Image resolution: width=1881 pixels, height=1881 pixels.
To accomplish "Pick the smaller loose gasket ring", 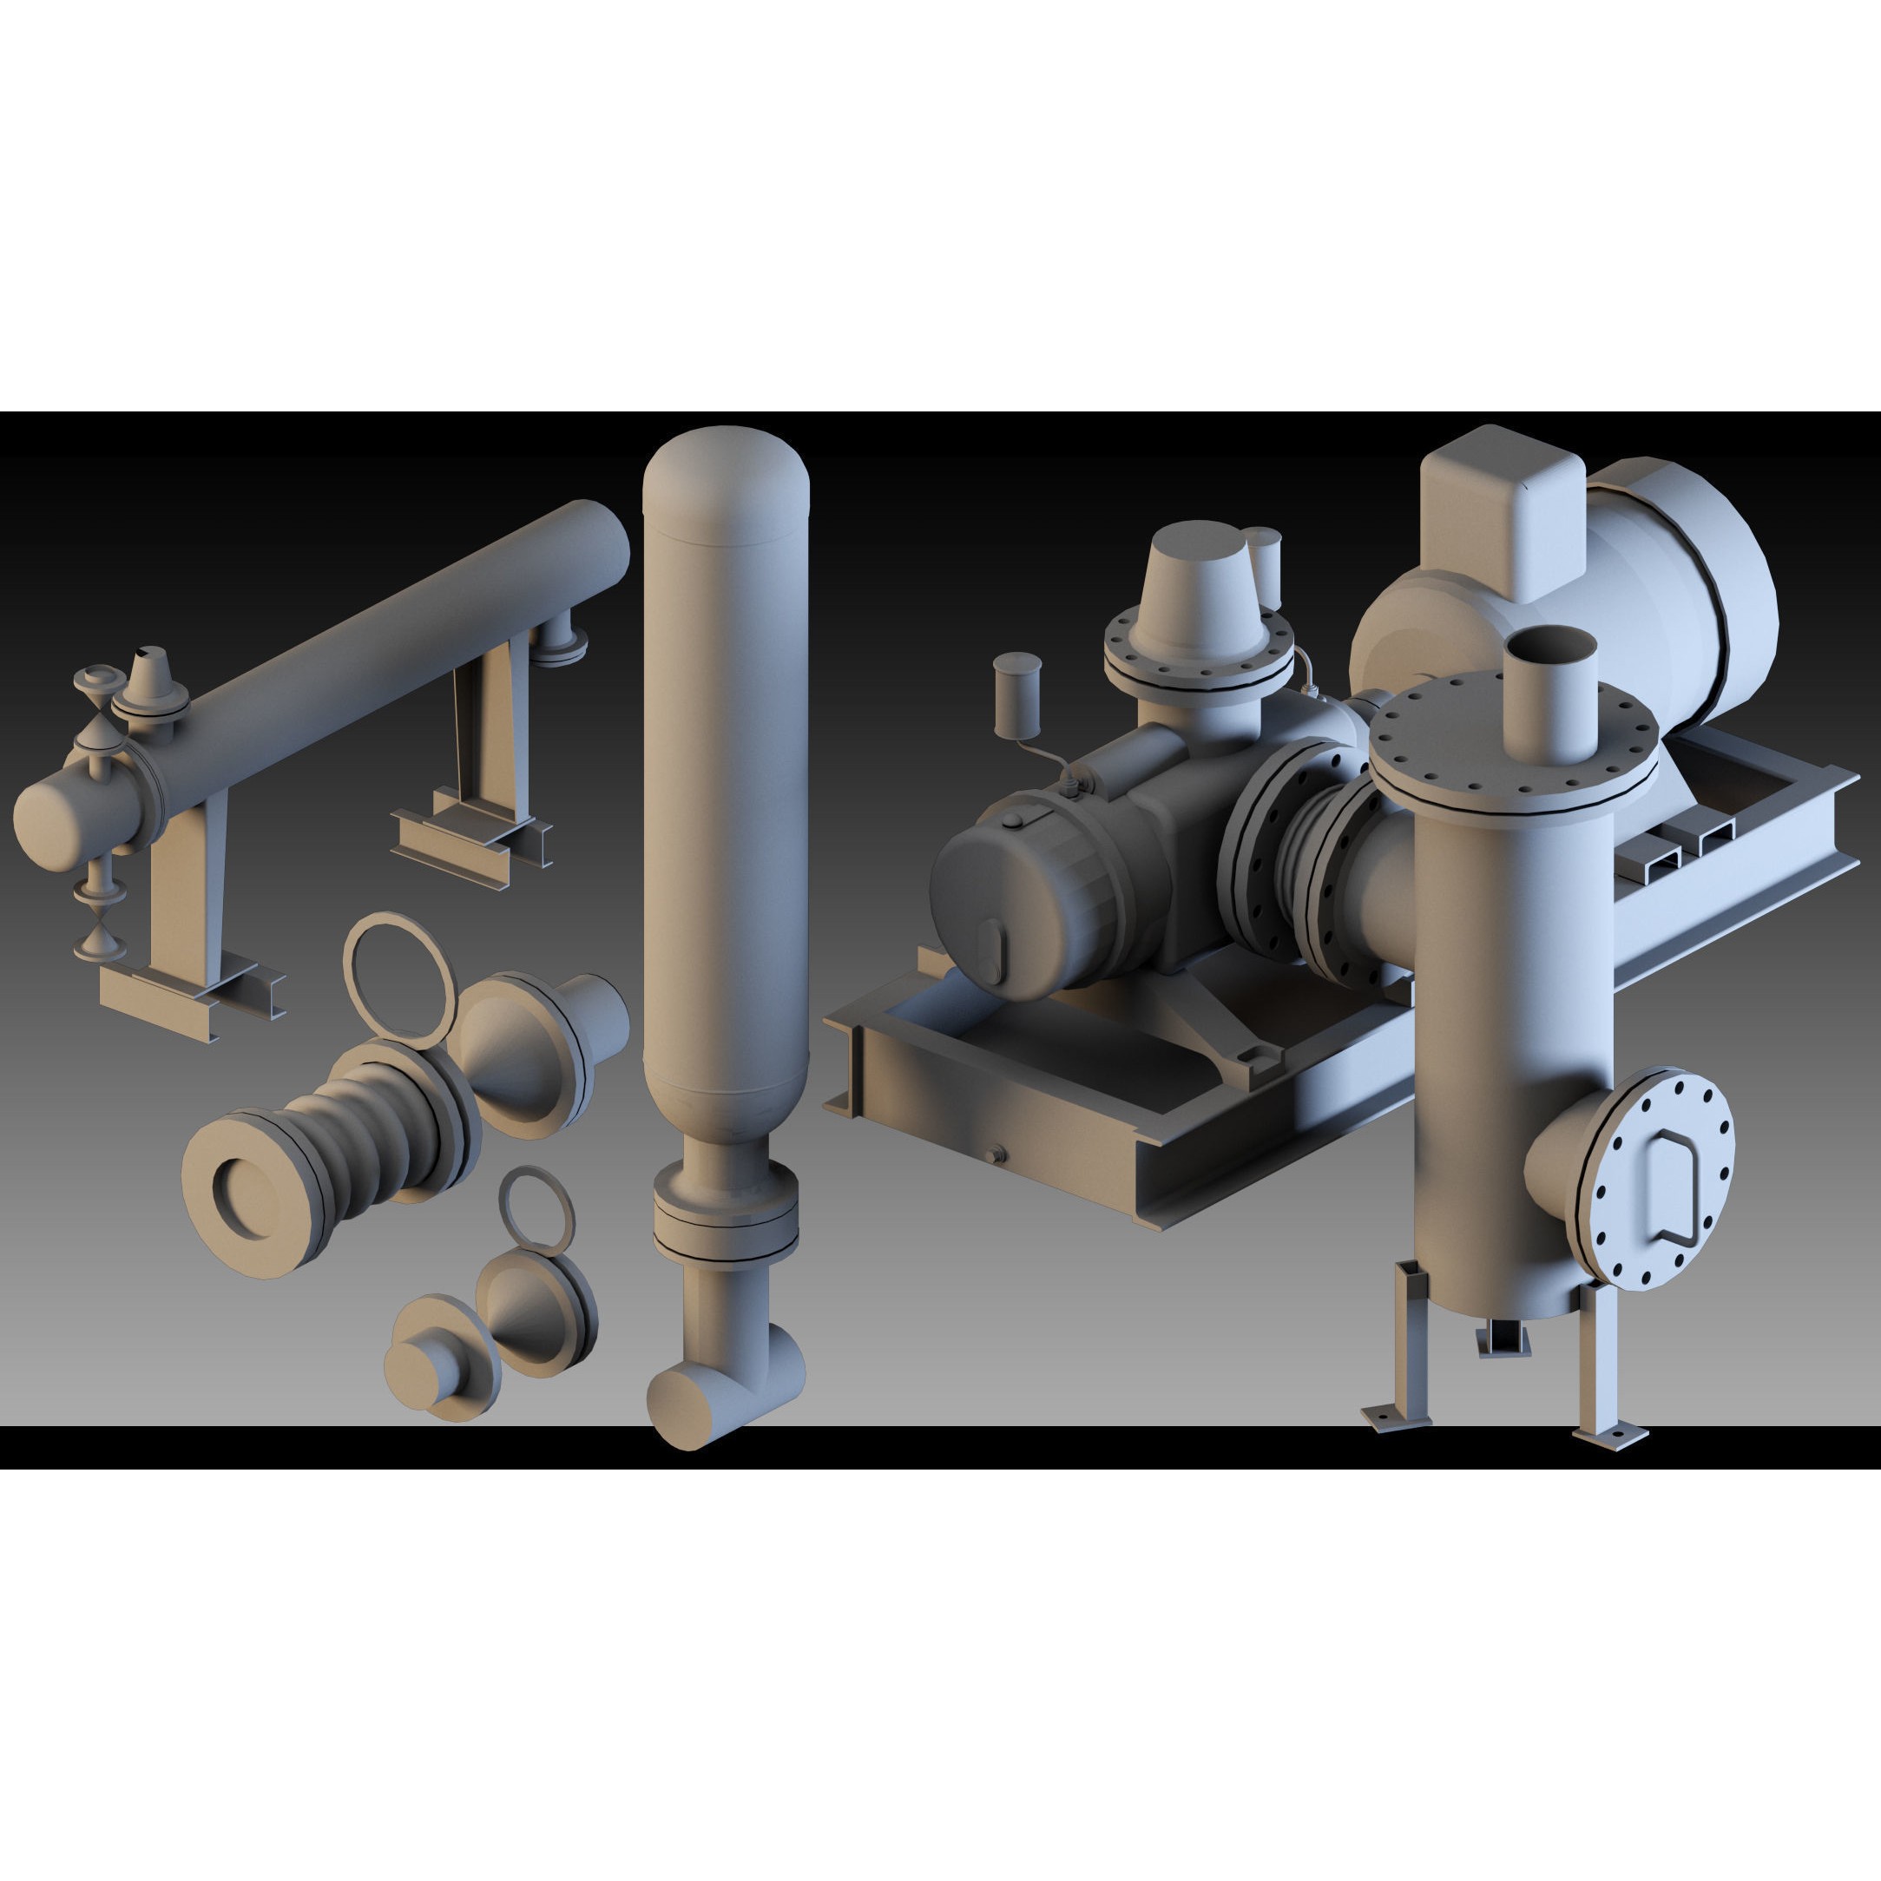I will (x=537, y=1210).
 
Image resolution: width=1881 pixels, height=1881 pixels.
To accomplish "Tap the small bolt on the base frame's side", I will (x=994, y=1154).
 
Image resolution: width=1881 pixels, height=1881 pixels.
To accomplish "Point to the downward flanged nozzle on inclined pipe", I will (x=561, y=639).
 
